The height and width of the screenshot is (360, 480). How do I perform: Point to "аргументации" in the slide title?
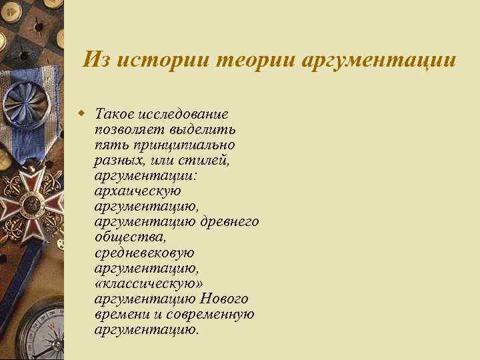pyautogui.click(x=379, y=60)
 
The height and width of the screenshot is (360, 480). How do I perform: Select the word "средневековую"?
pyautogui.click(x=144, y=253)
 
